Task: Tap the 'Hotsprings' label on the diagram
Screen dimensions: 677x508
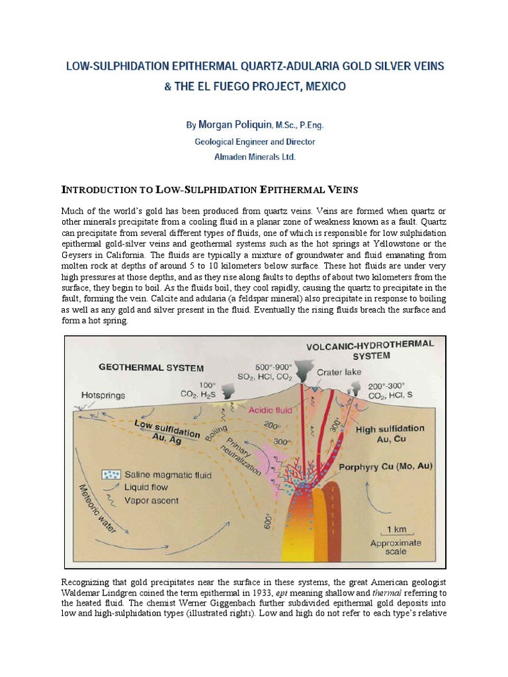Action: click(x=102, y=395)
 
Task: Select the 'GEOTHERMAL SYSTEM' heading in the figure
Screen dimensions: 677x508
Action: click(x=152, y=368)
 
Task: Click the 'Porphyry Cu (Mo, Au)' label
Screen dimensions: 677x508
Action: click(x=386, y=466)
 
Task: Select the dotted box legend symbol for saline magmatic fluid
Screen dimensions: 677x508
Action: click(x=110, y=475)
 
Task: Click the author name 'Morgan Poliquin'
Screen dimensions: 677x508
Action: click(x=227, y=124)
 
